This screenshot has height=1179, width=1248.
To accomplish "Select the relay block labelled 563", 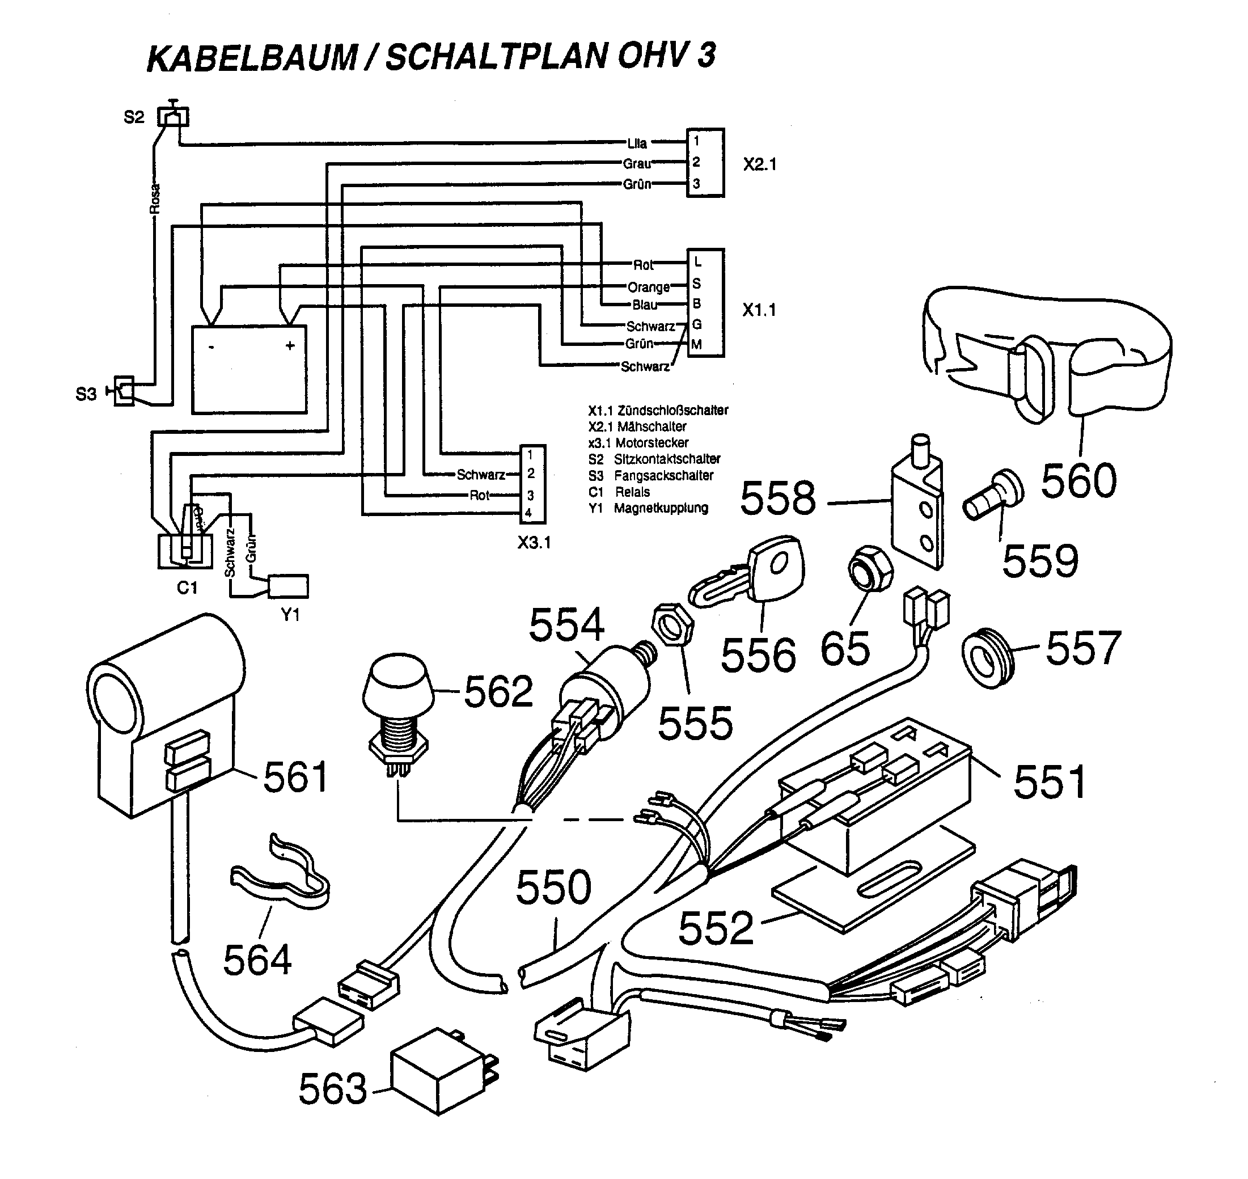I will [x=439, y=1079].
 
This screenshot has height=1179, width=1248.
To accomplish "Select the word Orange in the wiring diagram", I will [x=649, y=288].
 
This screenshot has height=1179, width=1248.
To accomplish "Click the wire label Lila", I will [x=637, y=143].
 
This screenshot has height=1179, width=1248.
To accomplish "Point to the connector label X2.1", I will [x=760, y=164].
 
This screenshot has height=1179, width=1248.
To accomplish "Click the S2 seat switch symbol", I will [x=173, y=116].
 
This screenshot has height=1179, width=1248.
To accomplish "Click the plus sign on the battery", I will [x=290, y=346].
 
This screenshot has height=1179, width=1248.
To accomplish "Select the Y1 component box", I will [x=289, y=586].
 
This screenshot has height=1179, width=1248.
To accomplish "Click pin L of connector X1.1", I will [x=697, y=261].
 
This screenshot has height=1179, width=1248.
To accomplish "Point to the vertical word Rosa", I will [x=155, y=198].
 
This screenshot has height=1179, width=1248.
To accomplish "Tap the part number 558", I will [x=778, y=498].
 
